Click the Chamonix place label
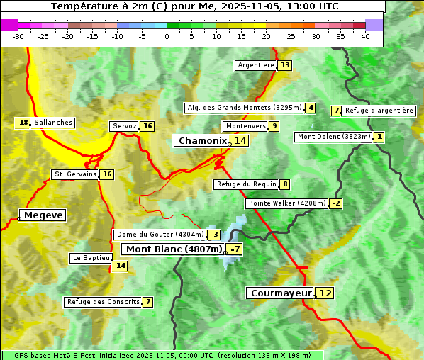pos(202,141)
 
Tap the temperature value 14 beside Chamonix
pos(241,141)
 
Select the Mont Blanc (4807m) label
pos(174,249)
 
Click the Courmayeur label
pos(281,293)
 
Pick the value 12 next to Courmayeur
pos(325,293)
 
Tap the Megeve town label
pos(43,215)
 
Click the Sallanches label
pos(53,123)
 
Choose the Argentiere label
pos(256,65)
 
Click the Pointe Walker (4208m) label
pos(286,203)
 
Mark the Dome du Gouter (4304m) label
pos(160,235)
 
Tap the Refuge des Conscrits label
pos(103,302)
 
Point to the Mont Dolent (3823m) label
pos(333,137)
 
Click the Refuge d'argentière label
pos(379,111)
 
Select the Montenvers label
pos(245,126)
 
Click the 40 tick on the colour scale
pos(365,36)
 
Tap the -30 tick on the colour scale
pos(18,36)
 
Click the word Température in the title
pos(84,6)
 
